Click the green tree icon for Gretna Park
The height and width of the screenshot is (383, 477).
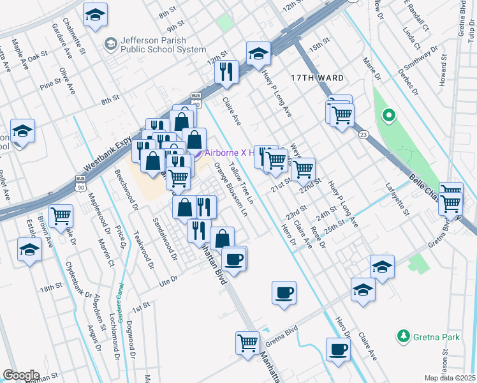pyautogui.click(x=402, y=335)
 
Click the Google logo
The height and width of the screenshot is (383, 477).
pyautogui.click(x=21, y=375)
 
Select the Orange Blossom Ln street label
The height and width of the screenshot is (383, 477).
pyautogui.click(x=230, y=188)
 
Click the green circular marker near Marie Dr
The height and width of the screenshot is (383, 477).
pyautogui.click(x=387, y=116)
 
